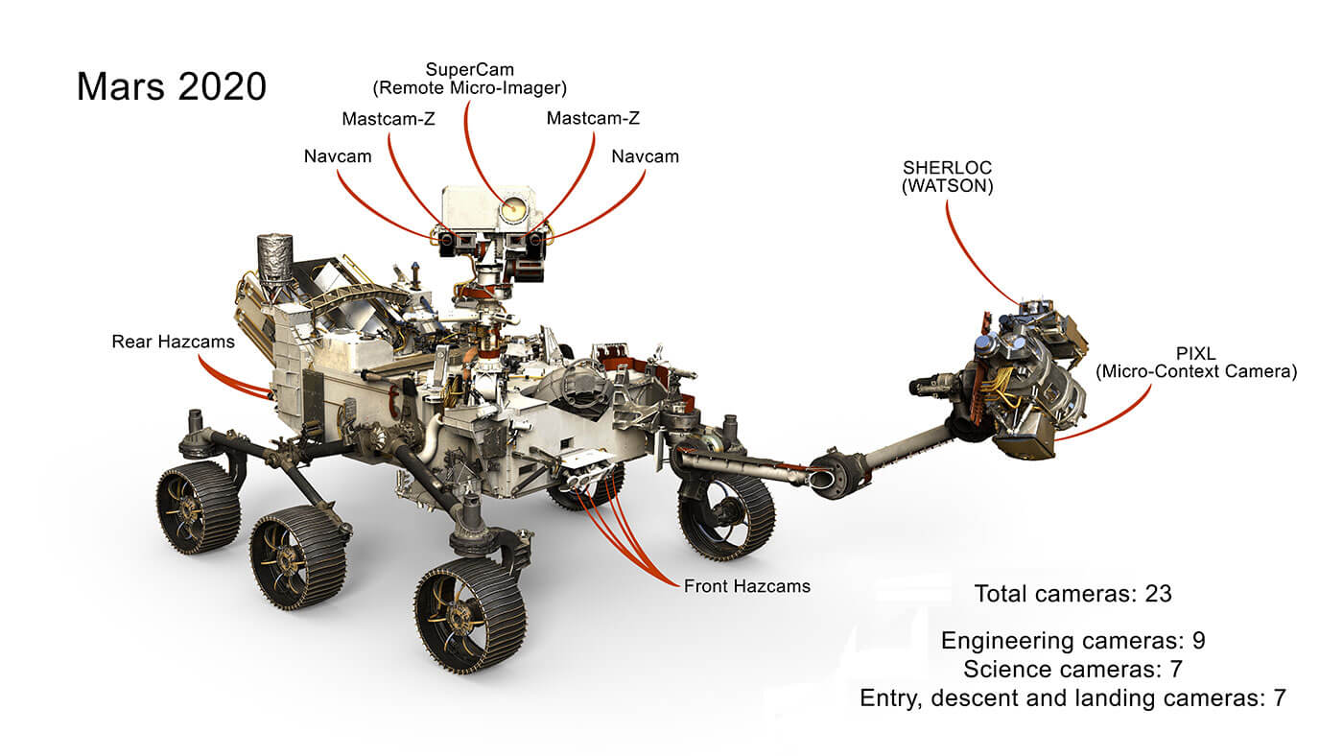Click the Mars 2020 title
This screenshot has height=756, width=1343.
(171, 86)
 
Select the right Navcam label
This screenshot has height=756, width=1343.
(645, 155)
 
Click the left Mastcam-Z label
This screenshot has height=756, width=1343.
(388, 119)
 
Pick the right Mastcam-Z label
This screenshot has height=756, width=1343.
(593, 119)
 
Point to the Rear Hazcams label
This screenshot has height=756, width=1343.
(173, 341)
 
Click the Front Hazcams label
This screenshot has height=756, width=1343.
(746, 585)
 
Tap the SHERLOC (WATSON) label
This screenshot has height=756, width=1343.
(947, 177)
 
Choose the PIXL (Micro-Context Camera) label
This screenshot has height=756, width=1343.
(1195, 361)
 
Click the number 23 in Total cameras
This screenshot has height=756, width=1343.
(1158, 594)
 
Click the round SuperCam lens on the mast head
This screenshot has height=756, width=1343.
(512, 206)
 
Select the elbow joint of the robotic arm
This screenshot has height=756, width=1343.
(831, 474)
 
